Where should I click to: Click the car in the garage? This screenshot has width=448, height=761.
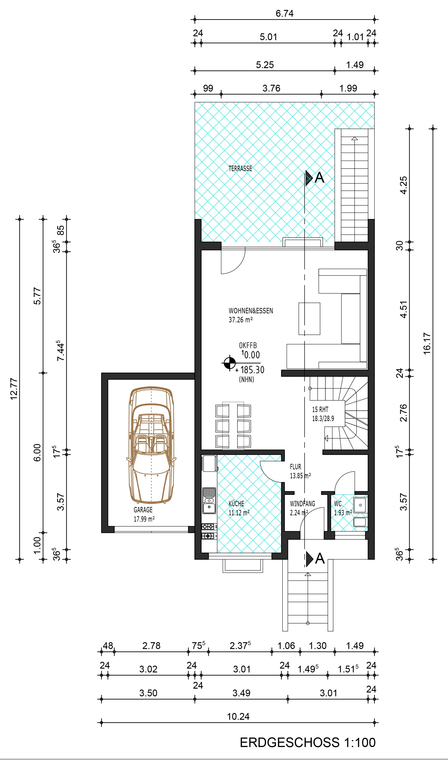coord(151,445)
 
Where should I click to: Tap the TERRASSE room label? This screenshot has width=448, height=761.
coord(240,169)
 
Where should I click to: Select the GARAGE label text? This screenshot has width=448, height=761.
coord(143,510)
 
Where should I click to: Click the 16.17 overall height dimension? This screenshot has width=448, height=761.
coord(427,344)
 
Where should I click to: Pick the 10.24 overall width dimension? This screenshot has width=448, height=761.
coord(238,717)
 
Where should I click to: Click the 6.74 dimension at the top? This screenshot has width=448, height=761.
coord(284,14)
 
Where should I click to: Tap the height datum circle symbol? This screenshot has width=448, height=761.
coord(230,363)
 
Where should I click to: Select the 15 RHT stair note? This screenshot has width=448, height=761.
coord(320,410)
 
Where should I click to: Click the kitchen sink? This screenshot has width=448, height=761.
coord(209,501)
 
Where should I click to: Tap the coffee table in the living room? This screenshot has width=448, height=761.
coord(309,319)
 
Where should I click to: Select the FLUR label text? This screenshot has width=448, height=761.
coord(295,467)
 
